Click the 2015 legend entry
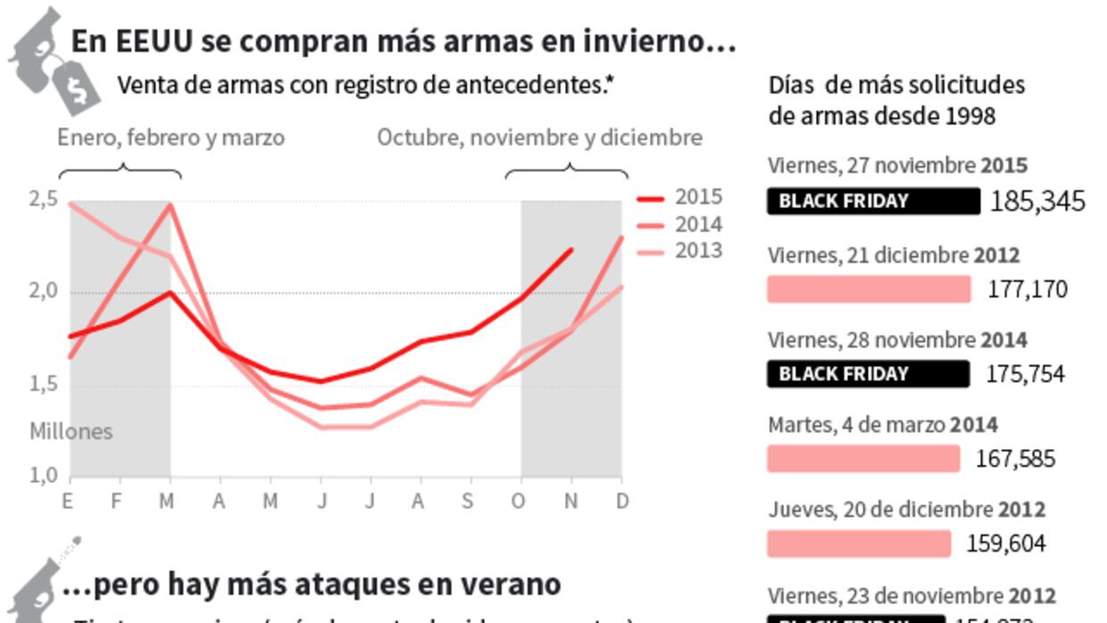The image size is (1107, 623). coord(679,198)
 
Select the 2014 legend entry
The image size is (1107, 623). coord(679,225)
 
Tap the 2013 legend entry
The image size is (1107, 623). coord(679,252)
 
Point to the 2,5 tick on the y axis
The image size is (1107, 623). coord(44,199)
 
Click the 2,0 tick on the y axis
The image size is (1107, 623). coord(44,292)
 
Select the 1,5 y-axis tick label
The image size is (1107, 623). coord(44,385)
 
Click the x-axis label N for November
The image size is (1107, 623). coord(570,502)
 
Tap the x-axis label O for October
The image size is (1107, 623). coord(518,502)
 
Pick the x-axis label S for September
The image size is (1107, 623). coord(467,502)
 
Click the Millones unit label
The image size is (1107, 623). coord(71,432)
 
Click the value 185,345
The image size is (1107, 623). coord(1037,202)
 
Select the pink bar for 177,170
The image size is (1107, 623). coord(868,289)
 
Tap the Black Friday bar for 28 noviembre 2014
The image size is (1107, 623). coord(867,374)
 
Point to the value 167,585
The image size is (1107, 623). coord(1015,460)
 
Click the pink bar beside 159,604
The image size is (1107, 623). coord(858,544)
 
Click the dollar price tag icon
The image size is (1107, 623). coord(78,87)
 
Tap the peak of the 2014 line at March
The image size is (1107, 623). coord(170,205)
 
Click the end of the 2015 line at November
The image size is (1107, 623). coord(570,250)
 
